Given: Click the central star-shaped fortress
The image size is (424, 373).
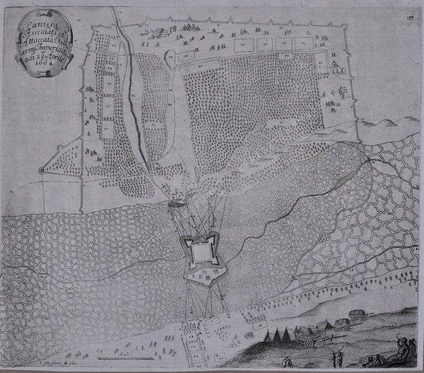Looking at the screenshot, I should pyautogui.click(x=200, y=252).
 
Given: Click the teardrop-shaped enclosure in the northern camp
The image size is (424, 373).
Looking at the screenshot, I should pyautogui.click(x=169, y=58).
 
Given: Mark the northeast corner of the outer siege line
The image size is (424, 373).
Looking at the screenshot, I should pyautogui.click(x=345, y=26).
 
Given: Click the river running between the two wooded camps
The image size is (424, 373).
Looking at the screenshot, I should pyautogui.click(x=132, y=99).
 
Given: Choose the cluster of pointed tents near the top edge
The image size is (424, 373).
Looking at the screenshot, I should pyautogui.click(x=187, y=27).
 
